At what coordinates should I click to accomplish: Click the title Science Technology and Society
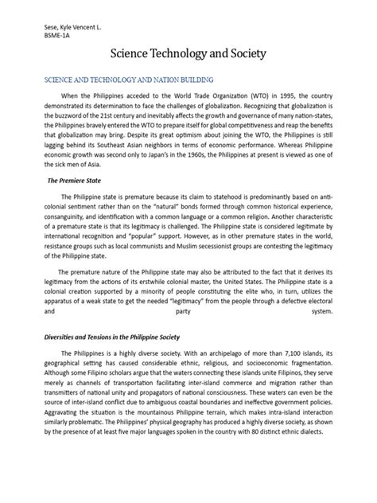(x=188, y=55)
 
